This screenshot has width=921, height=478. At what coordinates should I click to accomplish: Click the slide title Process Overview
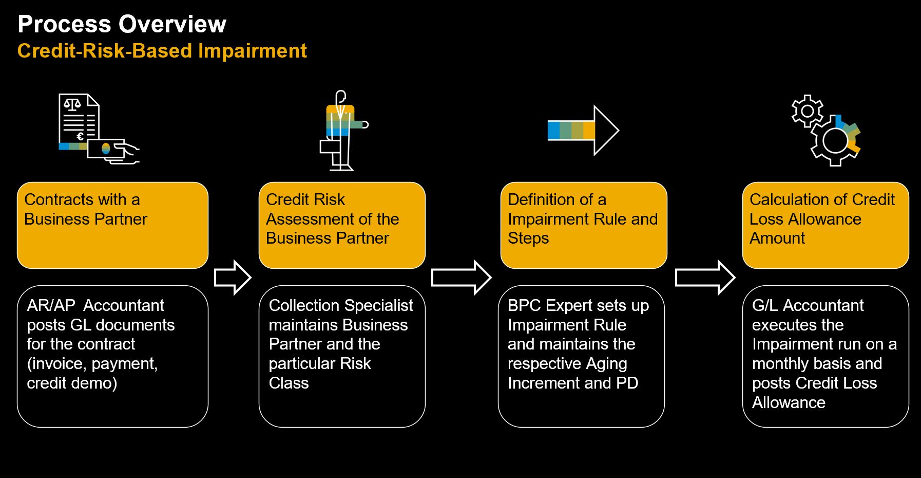click(122, 24)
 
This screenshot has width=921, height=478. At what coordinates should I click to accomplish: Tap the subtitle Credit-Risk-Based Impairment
click(162, 51)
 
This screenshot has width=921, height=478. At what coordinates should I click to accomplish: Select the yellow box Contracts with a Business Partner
click(112, 225)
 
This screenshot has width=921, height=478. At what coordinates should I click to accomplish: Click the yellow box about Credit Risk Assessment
click(342, 225)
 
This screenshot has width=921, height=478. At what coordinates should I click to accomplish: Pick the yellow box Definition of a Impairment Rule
click(583, 225)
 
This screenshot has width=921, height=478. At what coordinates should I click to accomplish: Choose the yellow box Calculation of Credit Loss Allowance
click(825, 225)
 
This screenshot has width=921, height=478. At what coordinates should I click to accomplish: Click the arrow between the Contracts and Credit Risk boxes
click(233, 278)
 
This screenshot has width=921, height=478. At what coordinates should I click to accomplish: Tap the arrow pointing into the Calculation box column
click(705, 278)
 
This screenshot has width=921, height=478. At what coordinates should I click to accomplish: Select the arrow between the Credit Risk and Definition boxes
click(461, 278)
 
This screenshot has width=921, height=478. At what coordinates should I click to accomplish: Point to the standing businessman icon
click(341, 131)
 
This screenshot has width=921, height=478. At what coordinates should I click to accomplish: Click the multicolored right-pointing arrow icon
click(583, 131)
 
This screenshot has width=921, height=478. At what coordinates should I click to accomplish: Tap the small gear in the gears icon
click(807, 111)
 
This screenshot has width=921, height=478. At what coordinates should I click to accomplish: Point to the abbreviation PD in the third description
click(627, 383)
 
